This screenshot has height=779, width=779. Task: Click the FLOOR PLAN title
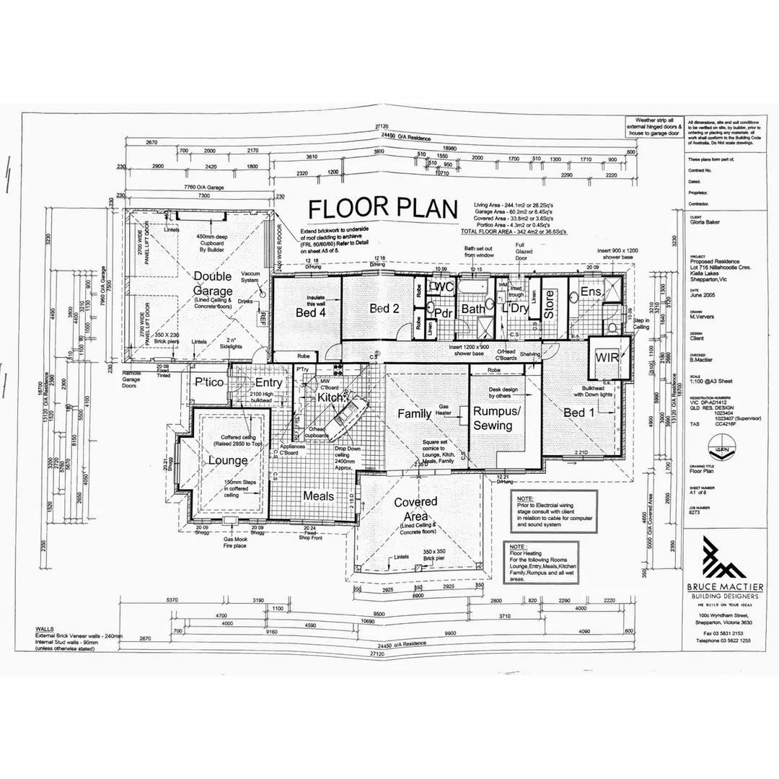(x=382, y=209)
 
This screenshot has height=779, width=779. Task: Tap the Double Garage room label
(x=212, y=283)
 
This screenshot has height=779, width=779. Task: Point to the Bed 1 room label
(x=579, y=412)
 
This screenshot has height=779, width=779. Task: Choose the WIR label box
(x=604, y=358)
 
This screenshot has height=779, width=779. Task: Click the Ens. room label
(x=591, y=291)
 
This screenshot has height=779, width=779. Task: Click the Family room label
(x=415, y=413)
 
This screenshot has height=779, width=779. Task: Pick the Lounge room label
(x=228, y=460)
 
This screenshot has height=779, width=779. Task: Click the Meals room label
(x=318, y=496)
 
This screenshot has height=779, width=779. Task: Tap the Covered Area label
(x=415, y=509)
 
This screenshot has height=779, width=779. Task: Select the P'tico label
(x=206, y=382)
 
